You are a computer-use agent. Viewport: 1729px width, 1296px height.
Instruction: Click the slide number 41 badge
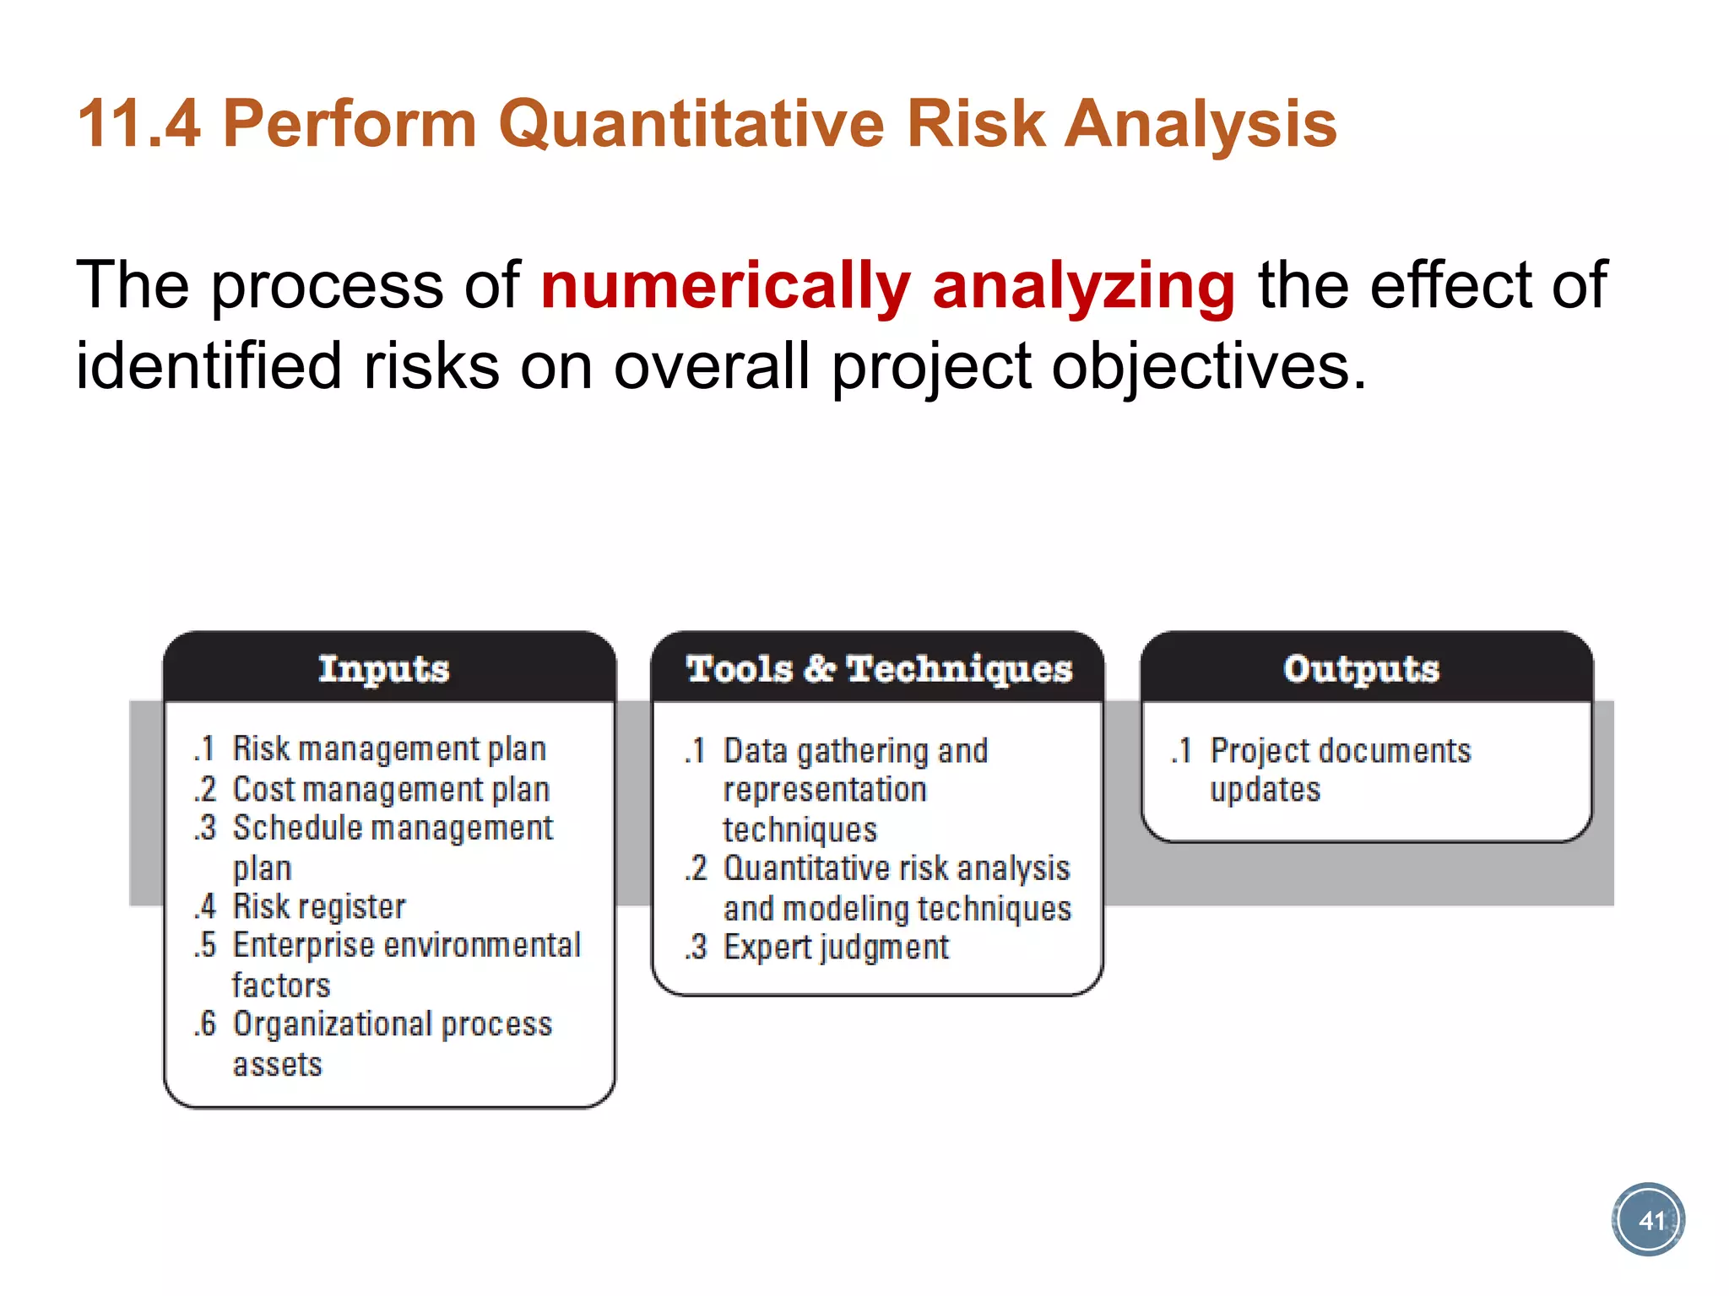pyautogui.click(x=1648, y=1220)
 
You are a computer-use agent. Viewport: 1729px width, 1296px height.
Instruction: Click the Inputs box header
pyautogui.click(x=384, y=668)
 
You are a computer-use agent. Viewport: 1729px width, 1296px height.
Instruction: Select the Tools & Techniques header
pyautogui.click(x=878, y=668)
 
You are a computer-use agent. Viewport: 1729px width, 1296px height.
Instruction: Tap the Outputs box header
pyautogui.click(x=1361, y=668)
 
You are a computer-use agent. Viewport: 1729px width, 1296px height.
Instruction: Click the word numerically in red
pyautogui.click(x=725, y=285)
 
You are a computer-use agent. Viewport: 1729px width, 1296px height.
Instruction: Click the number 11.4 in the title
pyautogui.click(x=138, y=124)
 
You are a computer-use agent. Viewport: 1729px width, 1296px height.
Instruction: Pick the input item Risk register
pyautogui.click(x=318, y=906)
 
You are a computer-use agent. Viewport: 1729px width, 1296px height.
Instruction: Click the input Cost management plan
pyautogui.click(x=391, y=790)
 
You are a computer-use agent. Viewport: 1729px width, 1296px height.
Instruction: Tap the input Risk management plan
pyautogui.click(x=388, y=749)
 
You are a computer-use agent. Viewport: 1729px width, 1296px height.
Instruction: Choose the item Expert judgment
pyautogui.click(x=836, y=948)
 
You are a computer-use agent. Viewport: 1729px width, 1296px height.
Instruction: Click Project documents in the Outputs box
pyautogui.click(x=1340, y=750)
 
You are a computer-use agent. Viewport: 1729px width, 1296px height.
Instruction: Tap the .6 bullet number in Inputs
pyautogui.click(x=205, y=1024)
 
